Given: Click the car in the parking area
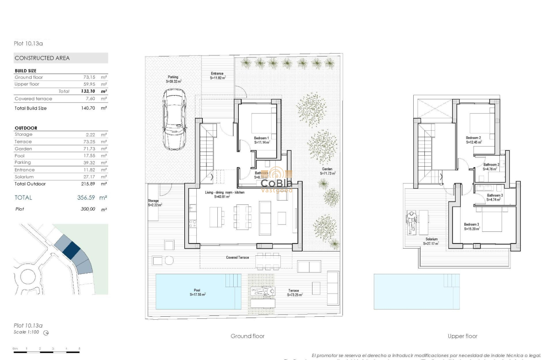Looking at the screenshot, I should click(x=174, y=119).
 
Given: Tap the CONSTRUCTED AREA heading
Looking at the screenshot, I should click(x=42, y=58).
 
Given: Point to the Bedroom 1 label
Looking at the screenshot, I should click(x=261, y=138).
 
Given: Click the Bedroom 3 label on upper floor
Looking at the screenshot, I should click(x=472, y=225).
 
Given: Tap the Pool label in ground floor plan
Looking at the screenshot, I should click(x=197, y=291).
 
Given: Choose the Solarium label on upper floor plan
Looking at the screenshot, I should click(x=432, y=239).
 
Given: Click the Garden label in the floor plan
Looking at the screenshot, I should click(x=328, y=169).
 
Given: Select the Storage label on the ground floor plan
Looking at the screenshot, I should click(x=153, y=201).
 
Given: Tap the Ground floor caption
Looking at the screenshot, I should click(x=247, y=336).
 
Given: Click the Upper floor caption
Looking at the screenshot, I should click(x=463, y=336).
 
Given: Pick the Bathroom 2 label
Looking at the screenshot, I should click(x=491, y=165).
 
